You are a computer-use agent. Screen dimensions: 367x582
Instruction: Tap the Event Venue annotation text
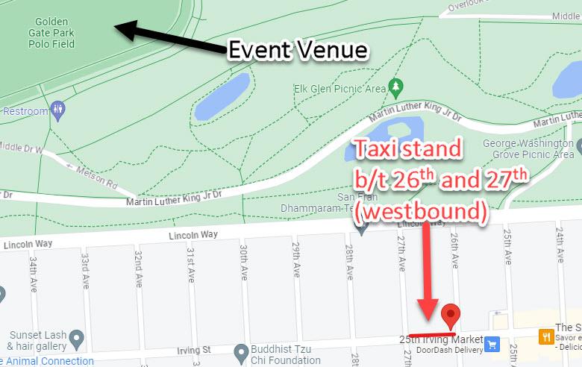(298, 50)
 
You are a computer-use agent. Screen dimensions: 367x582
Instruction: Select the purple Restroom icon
(60, 111)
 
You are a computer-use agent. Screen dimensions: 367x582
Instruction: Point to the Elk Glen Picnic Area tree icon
(395, 88)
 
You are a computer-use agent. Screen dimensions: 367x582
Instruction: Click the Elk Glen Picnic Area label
(340, 90)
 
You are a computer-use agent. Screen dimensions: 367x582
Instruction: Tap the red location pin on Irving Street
(451, 316)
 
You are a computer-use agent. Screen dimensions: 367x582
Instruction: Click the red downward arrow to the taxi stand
(427, 269)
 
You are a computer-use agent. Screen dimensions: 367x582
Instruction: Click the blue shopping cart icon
(492, 344)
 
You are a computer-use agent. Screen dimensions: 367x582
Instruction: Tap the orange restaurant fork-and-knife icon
(546, 336)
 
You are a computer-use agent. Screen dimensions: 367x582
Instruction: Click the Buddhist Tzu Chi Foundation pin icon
(240, 351)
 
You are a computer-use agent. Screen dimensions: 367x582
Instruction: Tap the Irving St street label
(195, 349)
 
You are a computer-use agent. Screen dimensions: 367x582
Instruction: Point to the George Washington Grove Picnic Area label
(528, 148)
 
